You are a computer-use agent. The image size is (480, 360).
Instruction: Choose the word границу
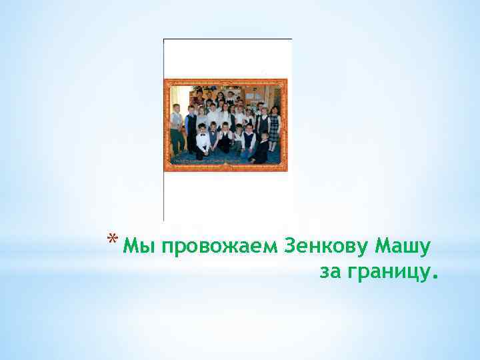click(387, 273)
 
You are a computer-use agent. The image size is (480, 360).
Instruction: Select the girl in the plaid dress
click(273, 127)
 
